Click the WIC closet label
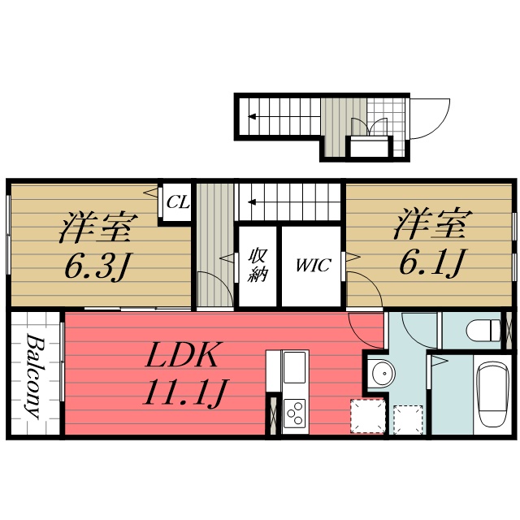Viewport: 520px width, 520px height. pos(313,266)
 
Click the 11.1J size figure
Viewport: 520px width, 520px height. pos(184,396)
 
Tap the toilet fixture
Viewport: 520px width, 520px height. pos(486,330)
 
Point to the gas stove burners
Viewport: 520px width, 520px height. pos(294,412)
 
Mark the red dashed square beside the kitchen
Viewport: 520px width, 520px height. pos(366,417)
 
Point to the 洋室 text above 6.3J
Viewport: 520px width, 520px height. pos(96,227)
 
